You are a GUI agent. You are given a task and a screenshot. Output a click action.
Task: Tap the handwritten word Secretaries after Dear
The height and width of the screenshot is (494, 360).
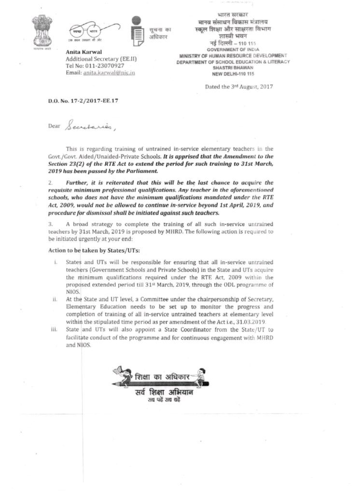pos(90,127)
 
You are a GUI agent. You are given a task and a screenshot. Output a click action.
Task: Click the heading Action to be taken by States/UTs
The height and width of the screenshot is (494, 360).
pos(91,251)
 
